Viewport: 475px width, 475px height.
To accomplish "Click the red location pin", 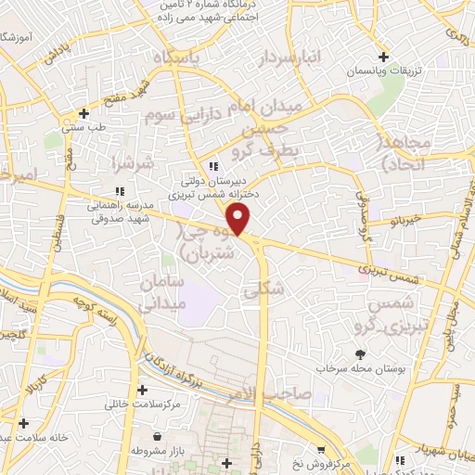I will pos(239,219).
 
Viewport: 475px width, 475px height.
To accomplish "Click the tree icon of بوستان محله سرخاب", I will pos(360,353).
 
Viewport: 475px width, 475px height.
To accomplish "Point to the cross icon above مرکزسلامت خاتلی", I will pos(142,390).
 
